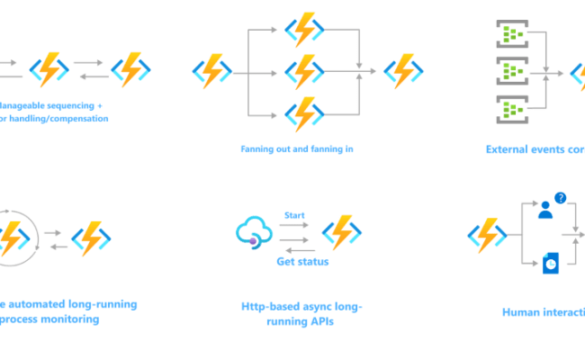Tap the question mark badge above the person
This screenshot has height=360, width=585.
pos(560,198)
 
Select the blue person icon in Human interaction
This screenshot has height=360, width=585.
pos(544,211)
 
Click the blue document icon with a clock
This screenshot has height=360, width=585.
pos(550,262)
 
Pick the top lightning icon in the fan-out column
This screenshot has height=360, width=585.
pos(304,29)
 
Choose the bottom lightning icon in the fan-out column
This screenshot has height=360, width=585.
pos(304,114)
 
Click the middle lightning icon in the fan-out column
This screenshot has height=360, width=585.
pos(304,70)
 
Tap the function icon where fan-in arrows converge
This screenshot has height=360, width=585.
pos(402,70)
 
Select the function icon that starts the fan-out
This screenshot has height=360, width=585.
pos(212,70)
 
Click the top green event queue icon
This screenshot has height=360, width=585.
pos(511,34)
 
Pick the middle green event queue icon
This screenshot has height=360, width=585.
pos(511,71)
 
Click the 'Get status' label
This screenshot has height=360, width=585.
pos(301,262)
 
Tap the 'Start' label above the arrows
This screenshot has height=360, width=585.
pos(294,214)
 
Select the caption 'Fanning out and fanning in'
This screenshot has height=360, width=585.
pos(296,149)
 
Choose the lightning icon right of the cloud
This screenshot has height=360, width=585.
pos(342,233)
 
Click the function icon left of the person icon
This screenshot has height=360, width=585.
pos(487,236)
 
